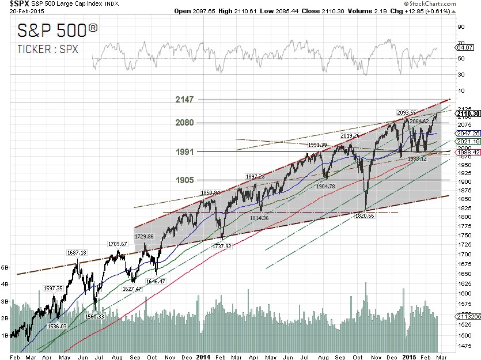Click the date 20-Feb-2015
(x=16, y=12)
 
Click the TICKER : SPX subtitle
(x=47, y=49)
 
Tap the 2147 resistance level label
(x=184, y=100)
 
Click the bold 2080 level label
(x=184, y=123)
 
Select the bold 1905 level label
(x=184, y=180)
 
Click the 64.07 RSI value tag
(x=464, y=48)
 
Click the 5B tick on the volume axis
(x=5, y=268)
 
